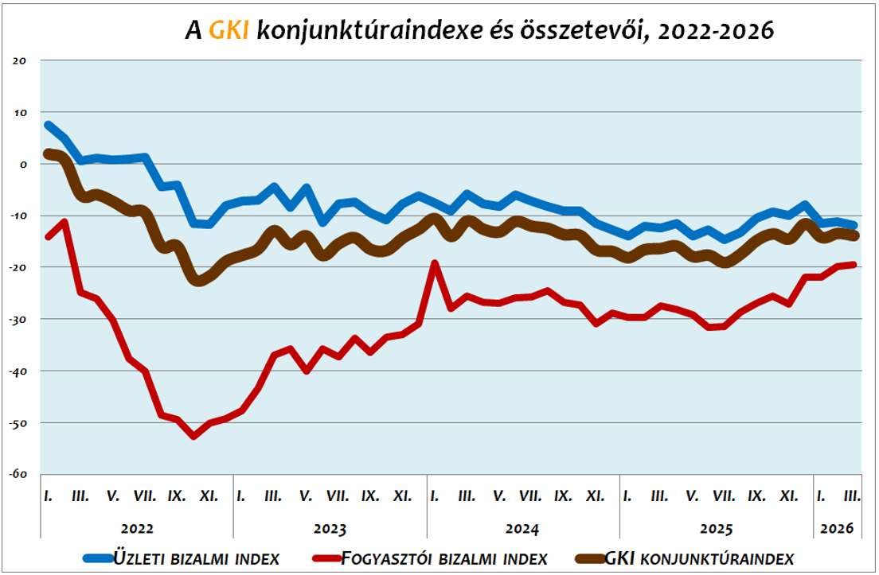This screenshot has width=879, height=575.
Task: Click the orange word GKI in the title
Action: [x=229, y=30]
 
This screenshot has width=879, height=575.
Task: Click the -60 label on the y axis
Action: [x=18, y=474]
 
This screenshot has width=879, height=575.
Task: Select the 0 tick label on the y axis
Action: [x=23, y=164]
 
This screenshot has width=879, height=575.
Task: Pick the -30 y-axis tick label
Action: [x=18, y=319]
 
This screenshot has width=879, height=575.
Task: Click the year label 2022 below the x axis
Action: [x=137, y=528]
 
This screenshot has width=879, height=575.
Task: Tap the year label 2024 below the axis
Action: [x=523, y=528]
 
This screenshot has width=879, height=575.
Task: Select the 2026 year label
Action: [x=838, y=528]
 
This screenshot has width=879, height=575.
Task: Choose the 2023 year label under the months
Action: [x=330, y=528]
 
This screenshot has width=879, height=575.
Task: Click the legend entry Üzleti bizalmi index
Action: [x=196, y=558]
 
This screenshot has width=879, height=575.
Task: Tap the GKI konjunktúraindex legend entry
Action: [x=701, y=558]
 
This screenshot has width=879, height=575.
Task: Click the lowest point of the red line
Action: [x=193, y=436]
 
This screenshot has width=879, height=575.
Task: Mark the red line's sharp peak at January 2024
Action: [x=435, y=262]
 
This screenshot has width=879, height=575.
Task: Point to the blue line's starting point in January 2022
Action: [x=49, y=126]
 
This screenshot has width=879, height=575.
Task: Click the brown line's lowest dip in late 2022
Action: [x=198, y=280]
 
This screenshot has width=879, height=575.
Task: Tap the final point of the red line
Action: [x=854, y=265]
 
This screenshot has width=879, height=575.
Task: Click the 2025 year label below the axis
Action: [x=717, y=528]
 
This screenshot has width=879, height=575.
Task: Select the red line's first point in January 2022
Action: [x=49, y=237]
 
